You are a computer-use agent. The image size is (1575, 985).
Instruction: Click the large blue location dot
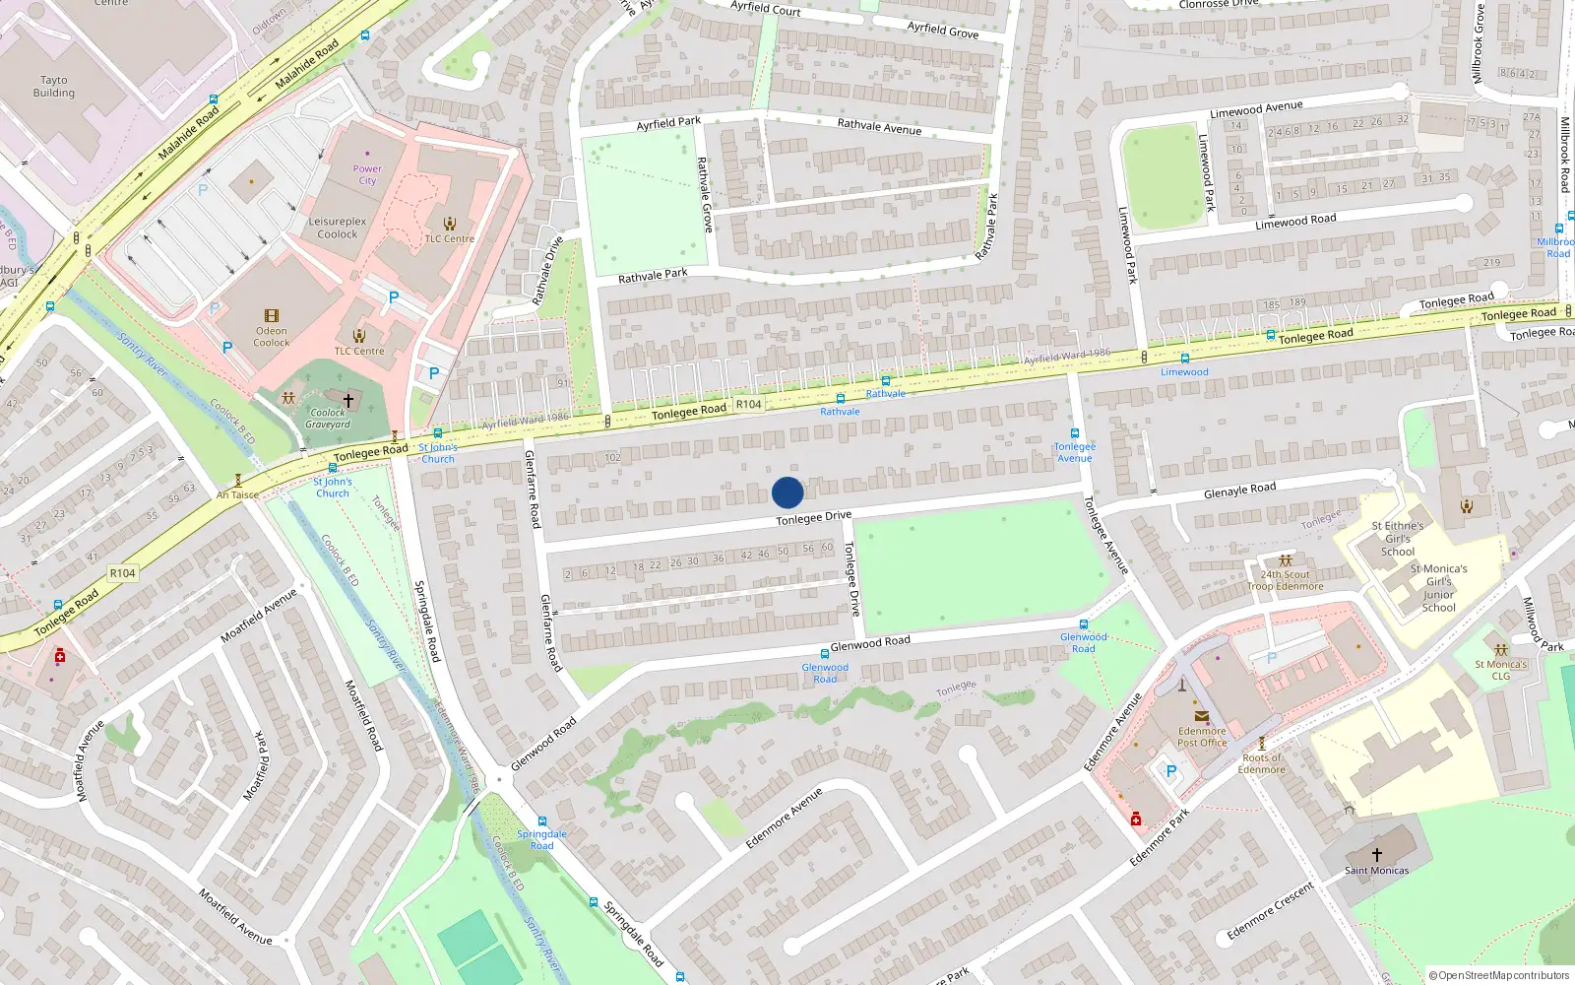click(x=787, y=492)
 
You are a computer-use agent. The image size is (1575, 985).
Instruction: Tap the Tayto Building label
click(x=54, y=87)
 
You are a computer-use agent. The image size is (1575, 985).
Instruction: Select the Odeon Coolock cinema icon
click(x=272, y=316)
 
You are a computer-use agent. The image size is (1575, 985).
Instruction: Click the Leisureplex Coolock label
click(x=338, y=228)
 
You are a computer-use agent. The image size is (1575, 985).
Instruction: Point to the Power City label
click(x=367, y=174)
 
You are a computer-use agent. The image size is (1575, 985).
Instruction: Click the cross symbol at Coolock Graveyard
click(x=347, y=401)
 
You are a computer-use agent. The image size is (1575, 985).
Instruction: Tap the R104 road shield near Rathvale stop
click(x=748, y=404)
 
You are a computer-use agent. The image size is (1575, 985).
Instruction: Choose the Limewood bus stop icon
click(x=1184, y=359)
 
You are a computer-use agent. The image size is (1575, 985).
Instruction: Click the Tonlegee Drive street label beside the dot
click(x=813, y=517)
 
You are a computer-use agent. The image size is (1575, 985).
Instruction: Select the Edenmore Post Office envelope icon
click(x=1201, y=716)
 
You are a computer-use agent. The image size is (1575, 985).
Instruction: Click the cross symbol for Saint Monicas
click(x=1376, y=854)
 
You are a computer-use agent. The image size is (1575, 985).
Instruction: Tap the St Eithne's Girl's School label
click(x=1398, y=539)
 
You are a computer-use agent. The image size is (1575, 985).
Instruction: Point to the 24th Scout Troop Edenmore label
click(x=1286, y=580)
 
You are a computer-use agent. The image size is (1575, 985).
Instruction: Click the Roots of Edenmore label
click(x=1262, y=763)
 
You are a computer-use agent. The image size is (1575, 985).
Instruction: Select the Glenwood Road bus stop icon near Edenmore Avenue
click(x=1083, y=624)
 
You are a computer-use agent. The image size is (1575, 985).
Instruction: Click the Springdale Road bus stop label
click(x=541, y=839)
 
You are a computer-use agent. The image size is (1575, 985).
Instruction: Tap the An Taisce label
click(x=237, y=494)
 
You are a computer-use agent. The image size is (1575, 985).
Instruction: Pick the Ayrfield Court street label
click(x=766, y=8)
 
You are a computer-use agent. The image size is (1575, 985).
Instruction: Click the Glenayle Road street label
click(x=1239, y=491)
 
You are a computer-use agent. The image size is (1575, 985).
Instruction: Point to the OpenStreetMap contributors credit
click(x=1498, y=975)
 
